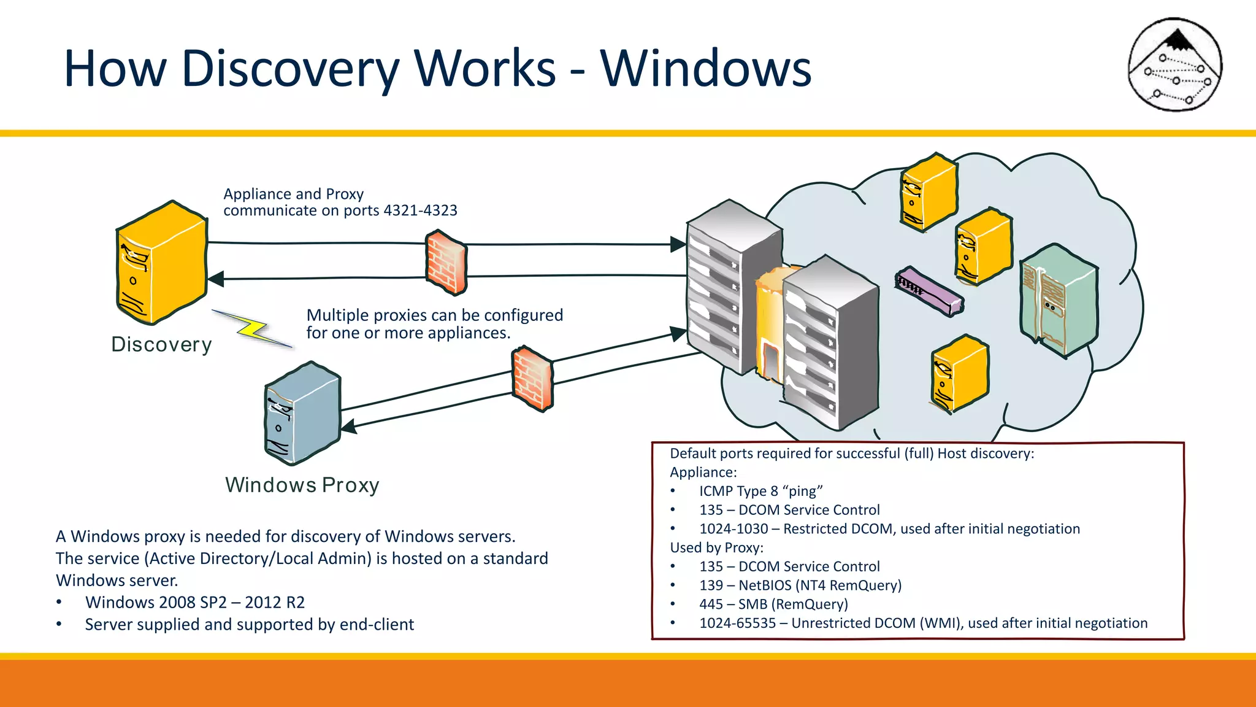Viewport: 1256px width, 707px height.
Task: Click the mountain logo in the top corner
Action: [1175, 64]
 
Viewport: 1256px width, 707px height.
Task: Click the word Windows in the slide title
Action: [705, 69]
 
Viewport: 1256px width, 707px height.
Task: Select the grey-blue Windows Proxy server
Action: [302, 414]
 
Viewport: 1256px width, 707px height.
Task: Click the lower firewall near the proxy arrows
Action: [532, 379]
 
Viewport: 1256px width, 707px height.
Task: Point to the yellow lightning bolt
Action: [253, 329]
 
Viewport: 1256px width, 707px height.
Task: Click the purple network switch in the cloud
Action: [929, 291]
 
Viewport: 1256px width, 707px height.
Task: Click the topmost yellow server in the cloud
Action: [929, 192]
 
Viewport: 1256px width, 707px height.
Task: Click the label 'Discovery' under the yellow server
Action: [161, 344]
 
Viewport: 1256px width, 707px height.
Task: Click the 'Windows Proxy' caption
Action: [302, 485]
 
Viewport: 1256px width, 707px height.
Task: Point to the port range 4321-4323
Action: [420, 211]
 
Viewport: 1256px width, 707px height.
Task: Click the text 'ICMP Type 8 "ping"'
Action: [760, 491]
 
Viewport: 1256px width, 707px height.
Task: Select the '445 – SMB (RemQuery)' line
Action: [773, 605]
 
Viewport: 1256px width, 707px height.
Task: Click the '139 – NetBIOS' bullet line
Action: [800, 585]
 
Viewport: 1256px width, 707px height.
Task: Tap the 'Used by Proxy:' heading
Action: [716, 547]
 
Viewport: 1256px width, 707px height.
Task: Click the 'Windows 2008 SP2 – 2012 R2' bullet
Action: [194, 603]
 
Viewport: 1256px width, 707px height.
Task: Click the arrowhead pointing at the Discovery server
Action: [216, 279]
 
